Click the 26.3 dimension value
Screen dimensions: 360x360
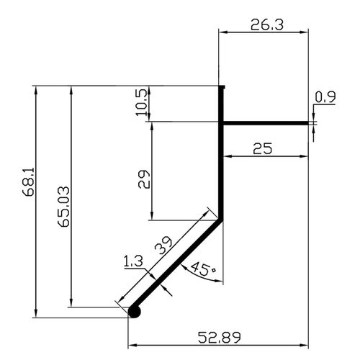click(x=267, y=24)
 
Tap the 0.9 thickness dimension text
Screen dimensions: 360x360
click(x=325, y=97)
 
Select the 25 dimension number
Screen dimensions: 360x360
click(x=263, y=148)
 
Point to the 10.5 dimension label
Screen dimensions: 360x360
click(x=141, y=102)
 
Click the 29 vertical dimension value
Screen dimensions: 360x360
click(x=144, y=179)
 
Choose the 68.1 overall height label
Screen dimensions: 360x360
click(x=28, y=182)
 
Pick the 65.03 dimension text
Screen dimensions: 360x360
click(x=64, y=207)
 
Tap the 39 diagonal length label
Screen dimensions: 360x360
click(x=163, y=246)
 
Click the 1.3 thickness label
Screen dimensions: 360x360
click(x=133, y=261)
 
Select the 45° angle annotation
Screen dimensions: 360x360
click(x=203, y=269)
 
